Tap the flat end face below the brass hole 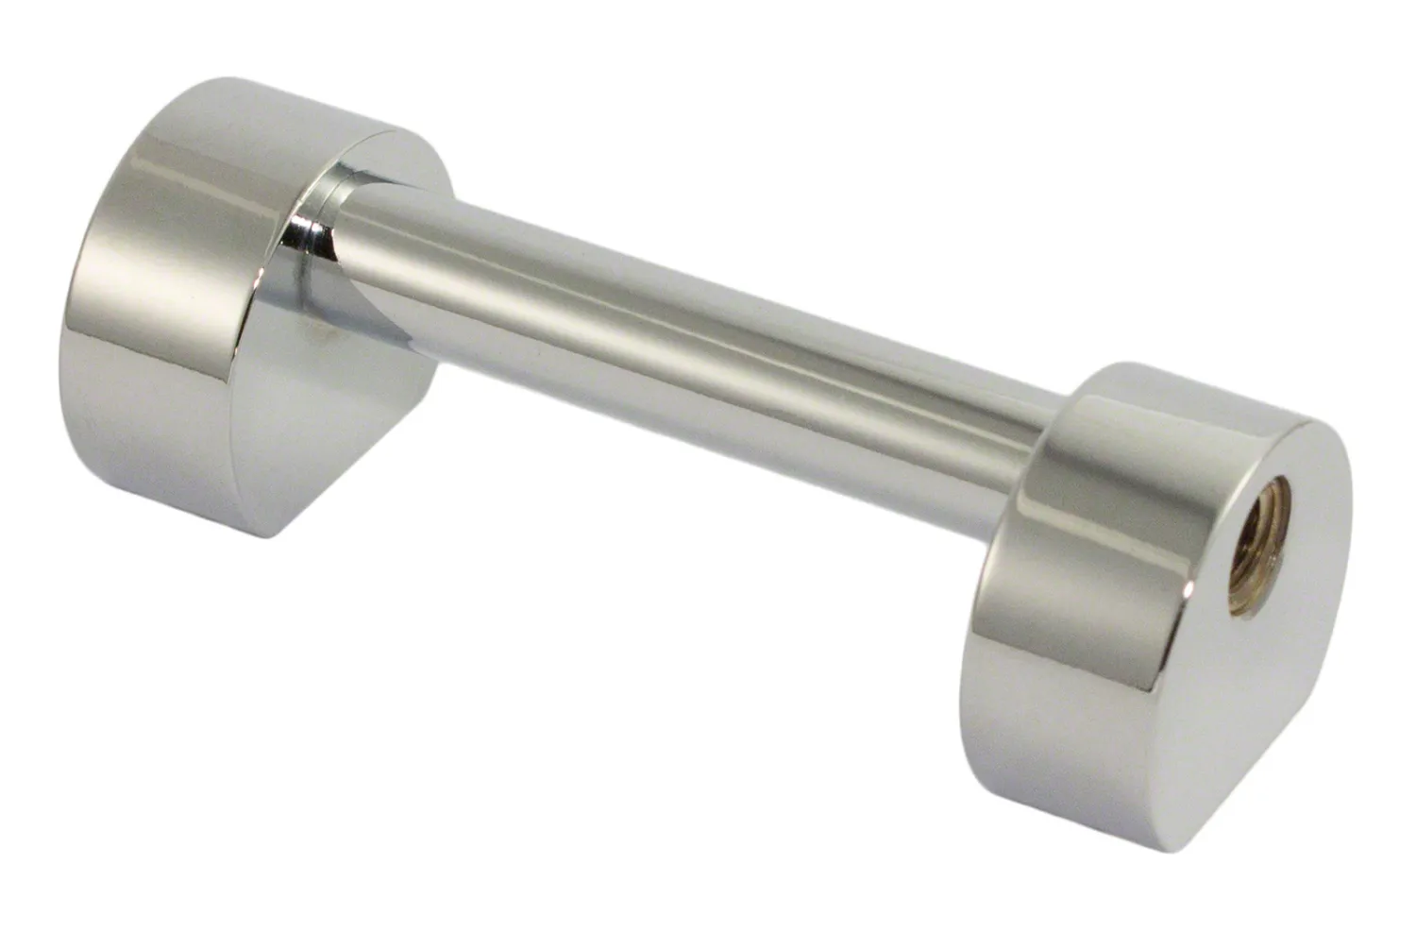point(1256,680)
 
